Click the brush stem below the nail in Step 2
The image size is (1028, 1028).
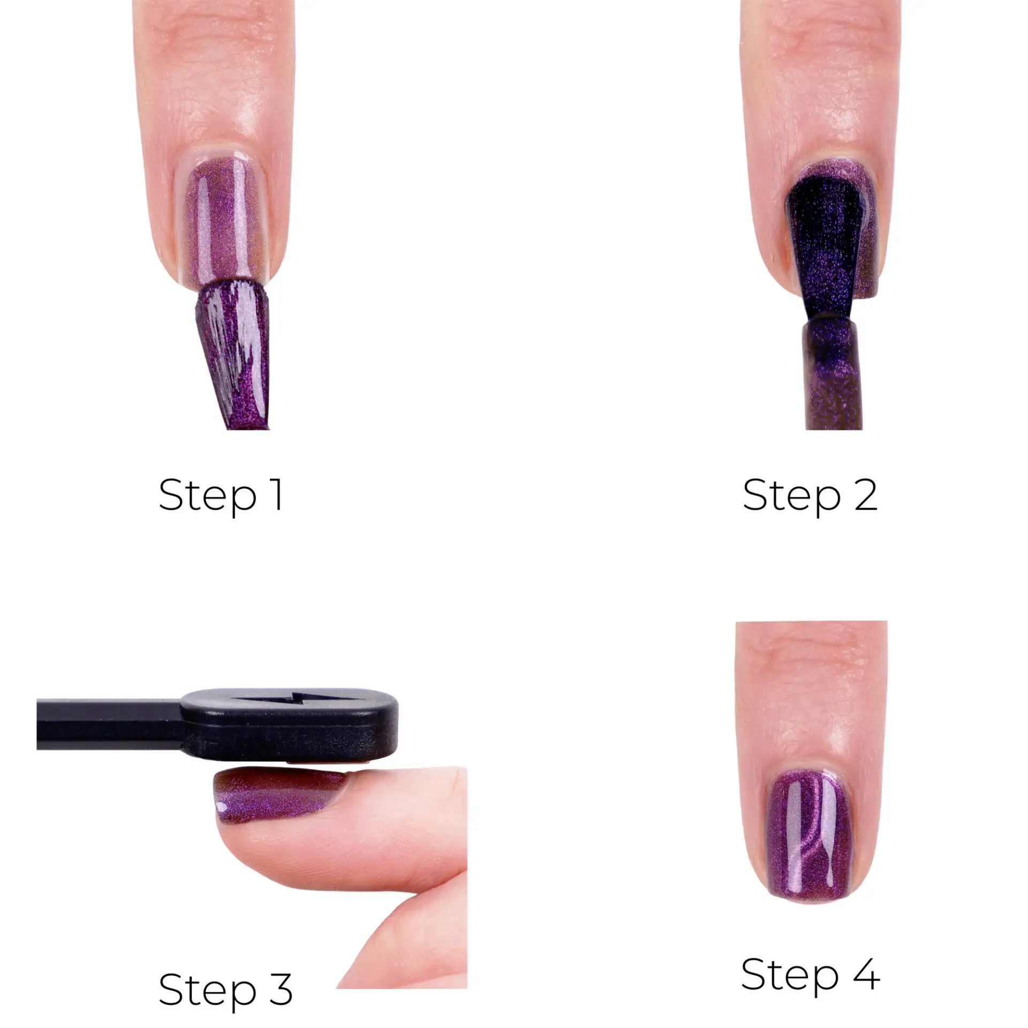[833, 375]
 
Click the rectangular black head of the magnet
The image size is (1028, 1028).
[289, 724]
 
